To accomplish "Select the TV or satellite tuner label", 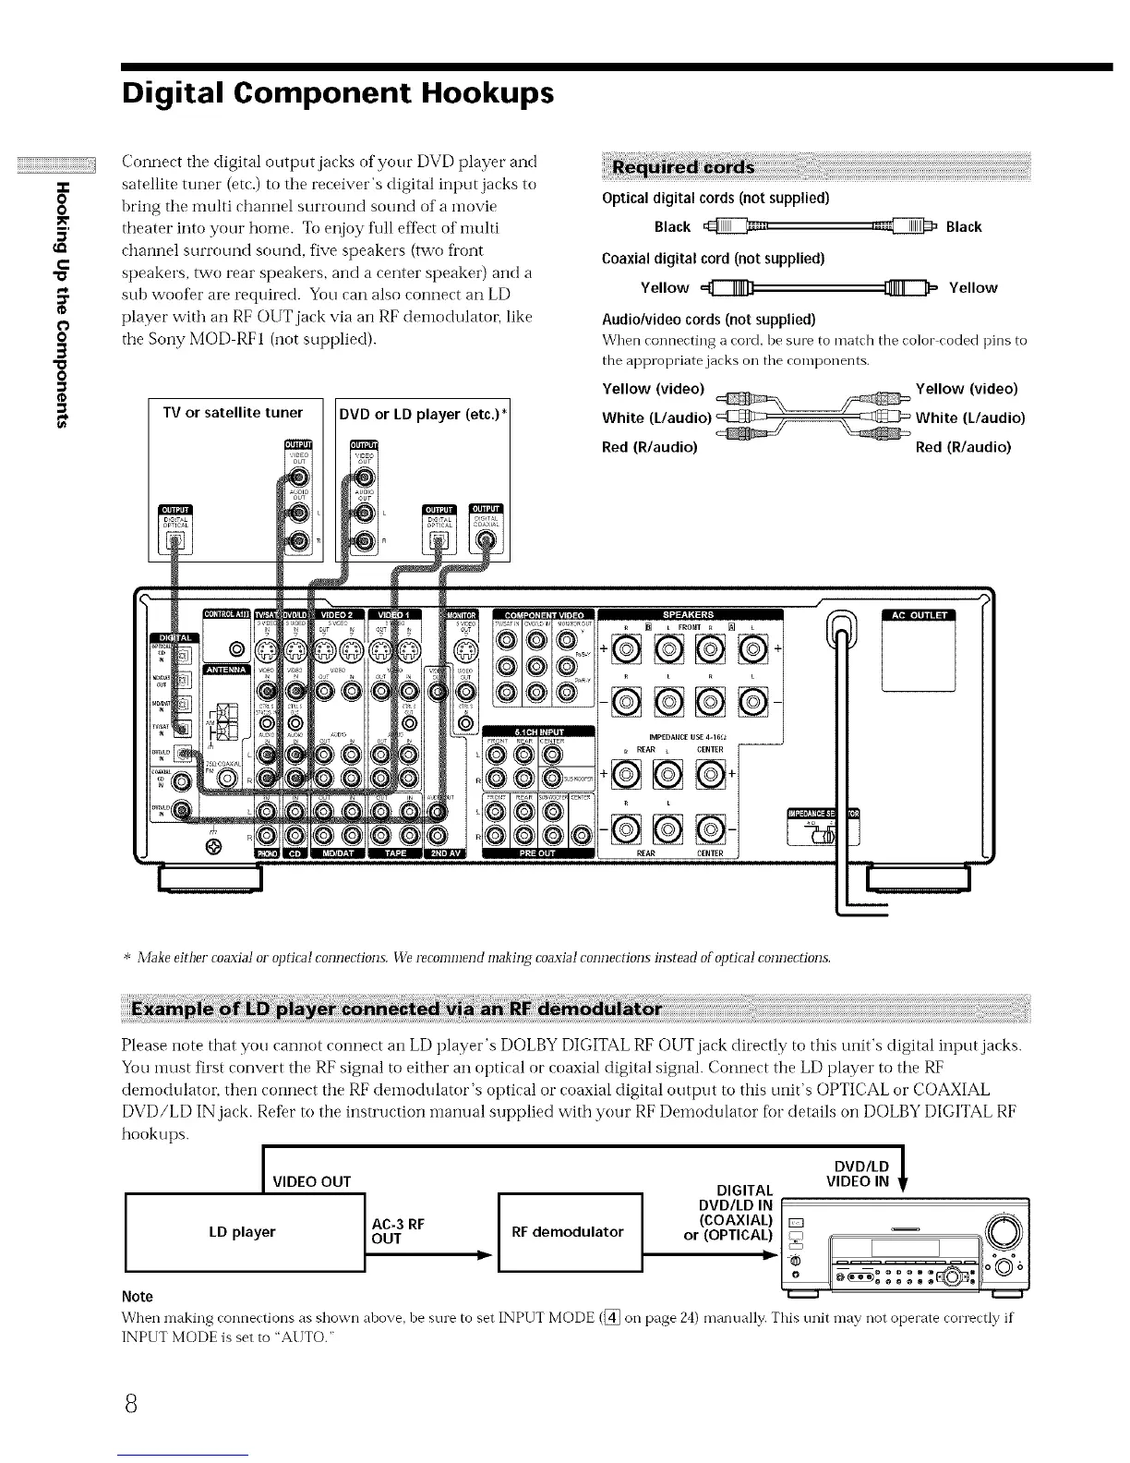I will (x=233, y=412).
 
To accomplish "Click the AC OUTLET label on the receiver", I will (x=920, y=617).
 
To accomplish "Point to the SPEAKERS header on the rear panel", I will (x=689, y=615).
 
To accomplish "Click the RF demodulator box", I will (x=568, y=1231).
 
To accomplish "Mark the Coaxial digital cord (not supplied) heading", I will (x=713, y=258).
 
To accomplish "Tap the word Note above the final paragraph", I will (x=138, y=1296).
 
